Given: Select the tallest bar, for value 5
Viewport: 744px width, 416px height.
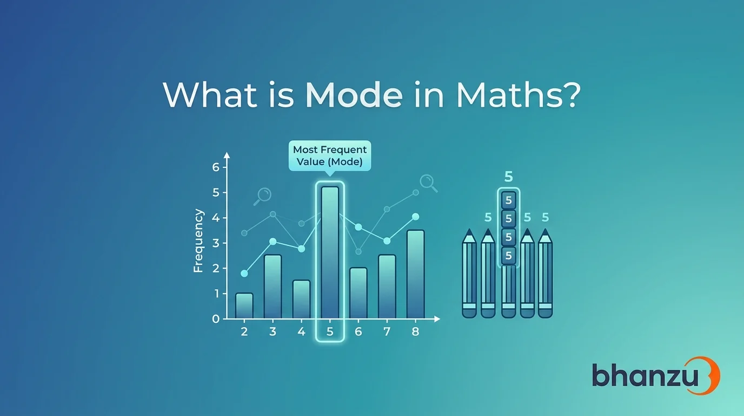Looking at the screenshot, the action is pos(330,252).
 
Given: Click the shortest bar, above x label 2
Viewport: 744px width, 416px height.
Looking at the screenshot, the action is pos(244,306).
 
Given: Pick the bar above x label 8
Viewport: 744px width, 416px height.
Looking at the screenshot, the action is pos(415,274).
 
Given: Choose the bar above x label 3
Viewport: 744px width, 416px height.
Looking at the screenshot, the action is pos(273,287).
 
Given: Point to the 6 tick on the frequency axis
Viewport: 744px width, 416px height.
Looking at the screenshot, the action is pos(216,167).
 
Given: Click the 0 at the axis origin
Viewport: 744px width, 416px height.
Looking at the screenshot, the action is pos(216,319).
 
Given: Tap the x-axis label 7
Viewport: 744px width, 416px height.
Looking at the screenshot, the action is pos(387,332).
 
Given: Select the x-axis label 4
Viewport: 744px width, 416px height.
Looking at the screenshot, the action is pos(301,332).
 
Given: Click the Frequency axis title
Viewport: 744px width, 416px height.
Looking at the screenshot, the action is pos(198,241).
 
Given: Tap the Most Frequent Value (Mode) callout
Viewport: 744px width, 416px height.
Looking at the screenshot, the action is pos(329,156).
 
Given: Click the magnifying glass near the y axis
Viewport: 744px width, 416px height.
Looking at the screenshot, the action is pos(263,196).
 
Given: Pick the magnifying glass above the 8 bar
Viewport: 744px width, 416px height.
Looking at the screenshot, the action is pos(428,184).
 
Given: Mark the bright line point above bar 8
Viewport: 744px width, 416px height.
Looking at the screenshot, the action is pos(415,217).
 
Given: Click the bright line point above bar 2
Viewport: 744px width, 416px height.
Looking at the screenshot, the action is pos(244,274).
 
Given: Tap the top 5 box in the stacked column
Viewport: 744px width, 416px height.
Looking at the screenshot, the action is pos(508,200).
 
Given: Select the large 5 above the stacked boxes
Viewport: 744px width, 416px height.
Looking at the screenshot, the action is pos(508,177).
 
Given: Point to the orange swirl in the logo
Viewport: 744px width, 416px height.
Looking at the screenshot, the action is pos(711,375).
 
